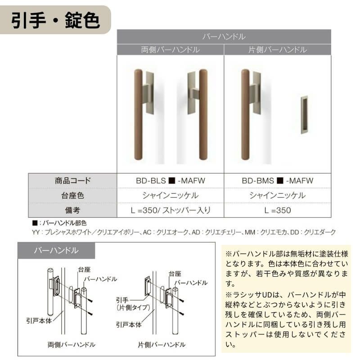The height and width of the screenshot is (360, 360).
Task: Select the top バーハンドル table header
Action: coord(224,36)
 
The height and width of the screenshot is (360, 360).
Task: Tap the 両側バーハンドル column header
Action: coord(171,49)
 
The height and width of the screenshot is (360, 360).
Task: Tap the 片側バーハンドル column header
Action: coord(277,49)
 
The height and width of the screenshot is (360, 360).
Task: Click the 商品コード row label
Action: coord(72,181)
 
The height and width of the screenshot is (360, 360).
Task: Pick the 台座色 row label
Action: coord(72,195)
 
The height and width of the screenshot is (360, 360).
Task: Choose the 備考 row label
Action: coord(72,210)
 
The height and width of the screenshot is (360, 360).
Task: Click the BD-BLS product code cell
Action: coord(171,181)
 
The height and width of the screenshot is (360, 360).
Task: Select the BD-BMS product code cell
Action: coord(277,181)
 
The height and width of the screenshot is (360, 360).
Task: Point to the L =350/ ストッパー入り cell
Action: coord(171,210)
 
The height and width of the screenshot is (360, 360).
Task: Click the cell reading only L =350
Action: coord(277,210)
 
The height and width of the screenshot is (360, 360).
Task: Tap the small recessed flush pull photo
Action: coord(304,115)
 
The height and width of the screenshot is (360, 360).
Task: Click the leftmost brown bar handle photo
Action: coord(139,114)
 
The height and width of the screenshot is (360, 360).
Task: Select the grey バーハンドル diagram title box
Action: coord(56,251)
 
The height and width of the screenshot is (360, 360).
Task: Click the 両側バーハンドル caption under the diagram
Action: coord(71,345)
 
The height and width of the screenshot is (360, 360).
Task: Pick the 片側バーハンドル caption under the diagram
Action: coord(162,345)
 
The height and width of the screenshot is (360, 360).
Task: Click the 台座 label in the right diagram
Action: coord(175,273)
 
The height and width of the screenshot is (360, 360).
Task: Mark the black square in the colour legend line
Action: coord(35,223)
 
